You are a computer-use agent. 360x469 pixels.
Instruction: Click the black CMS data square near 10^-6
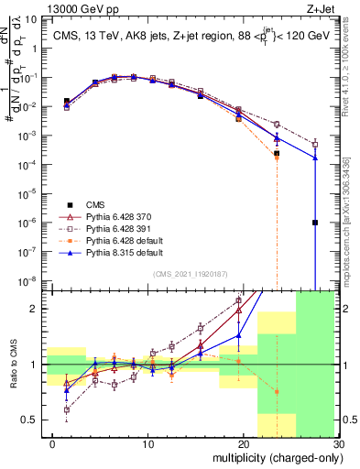click(314, 223)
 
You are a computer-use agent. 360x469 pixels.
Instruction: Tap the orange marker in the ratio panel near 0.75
click(277, 391)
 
